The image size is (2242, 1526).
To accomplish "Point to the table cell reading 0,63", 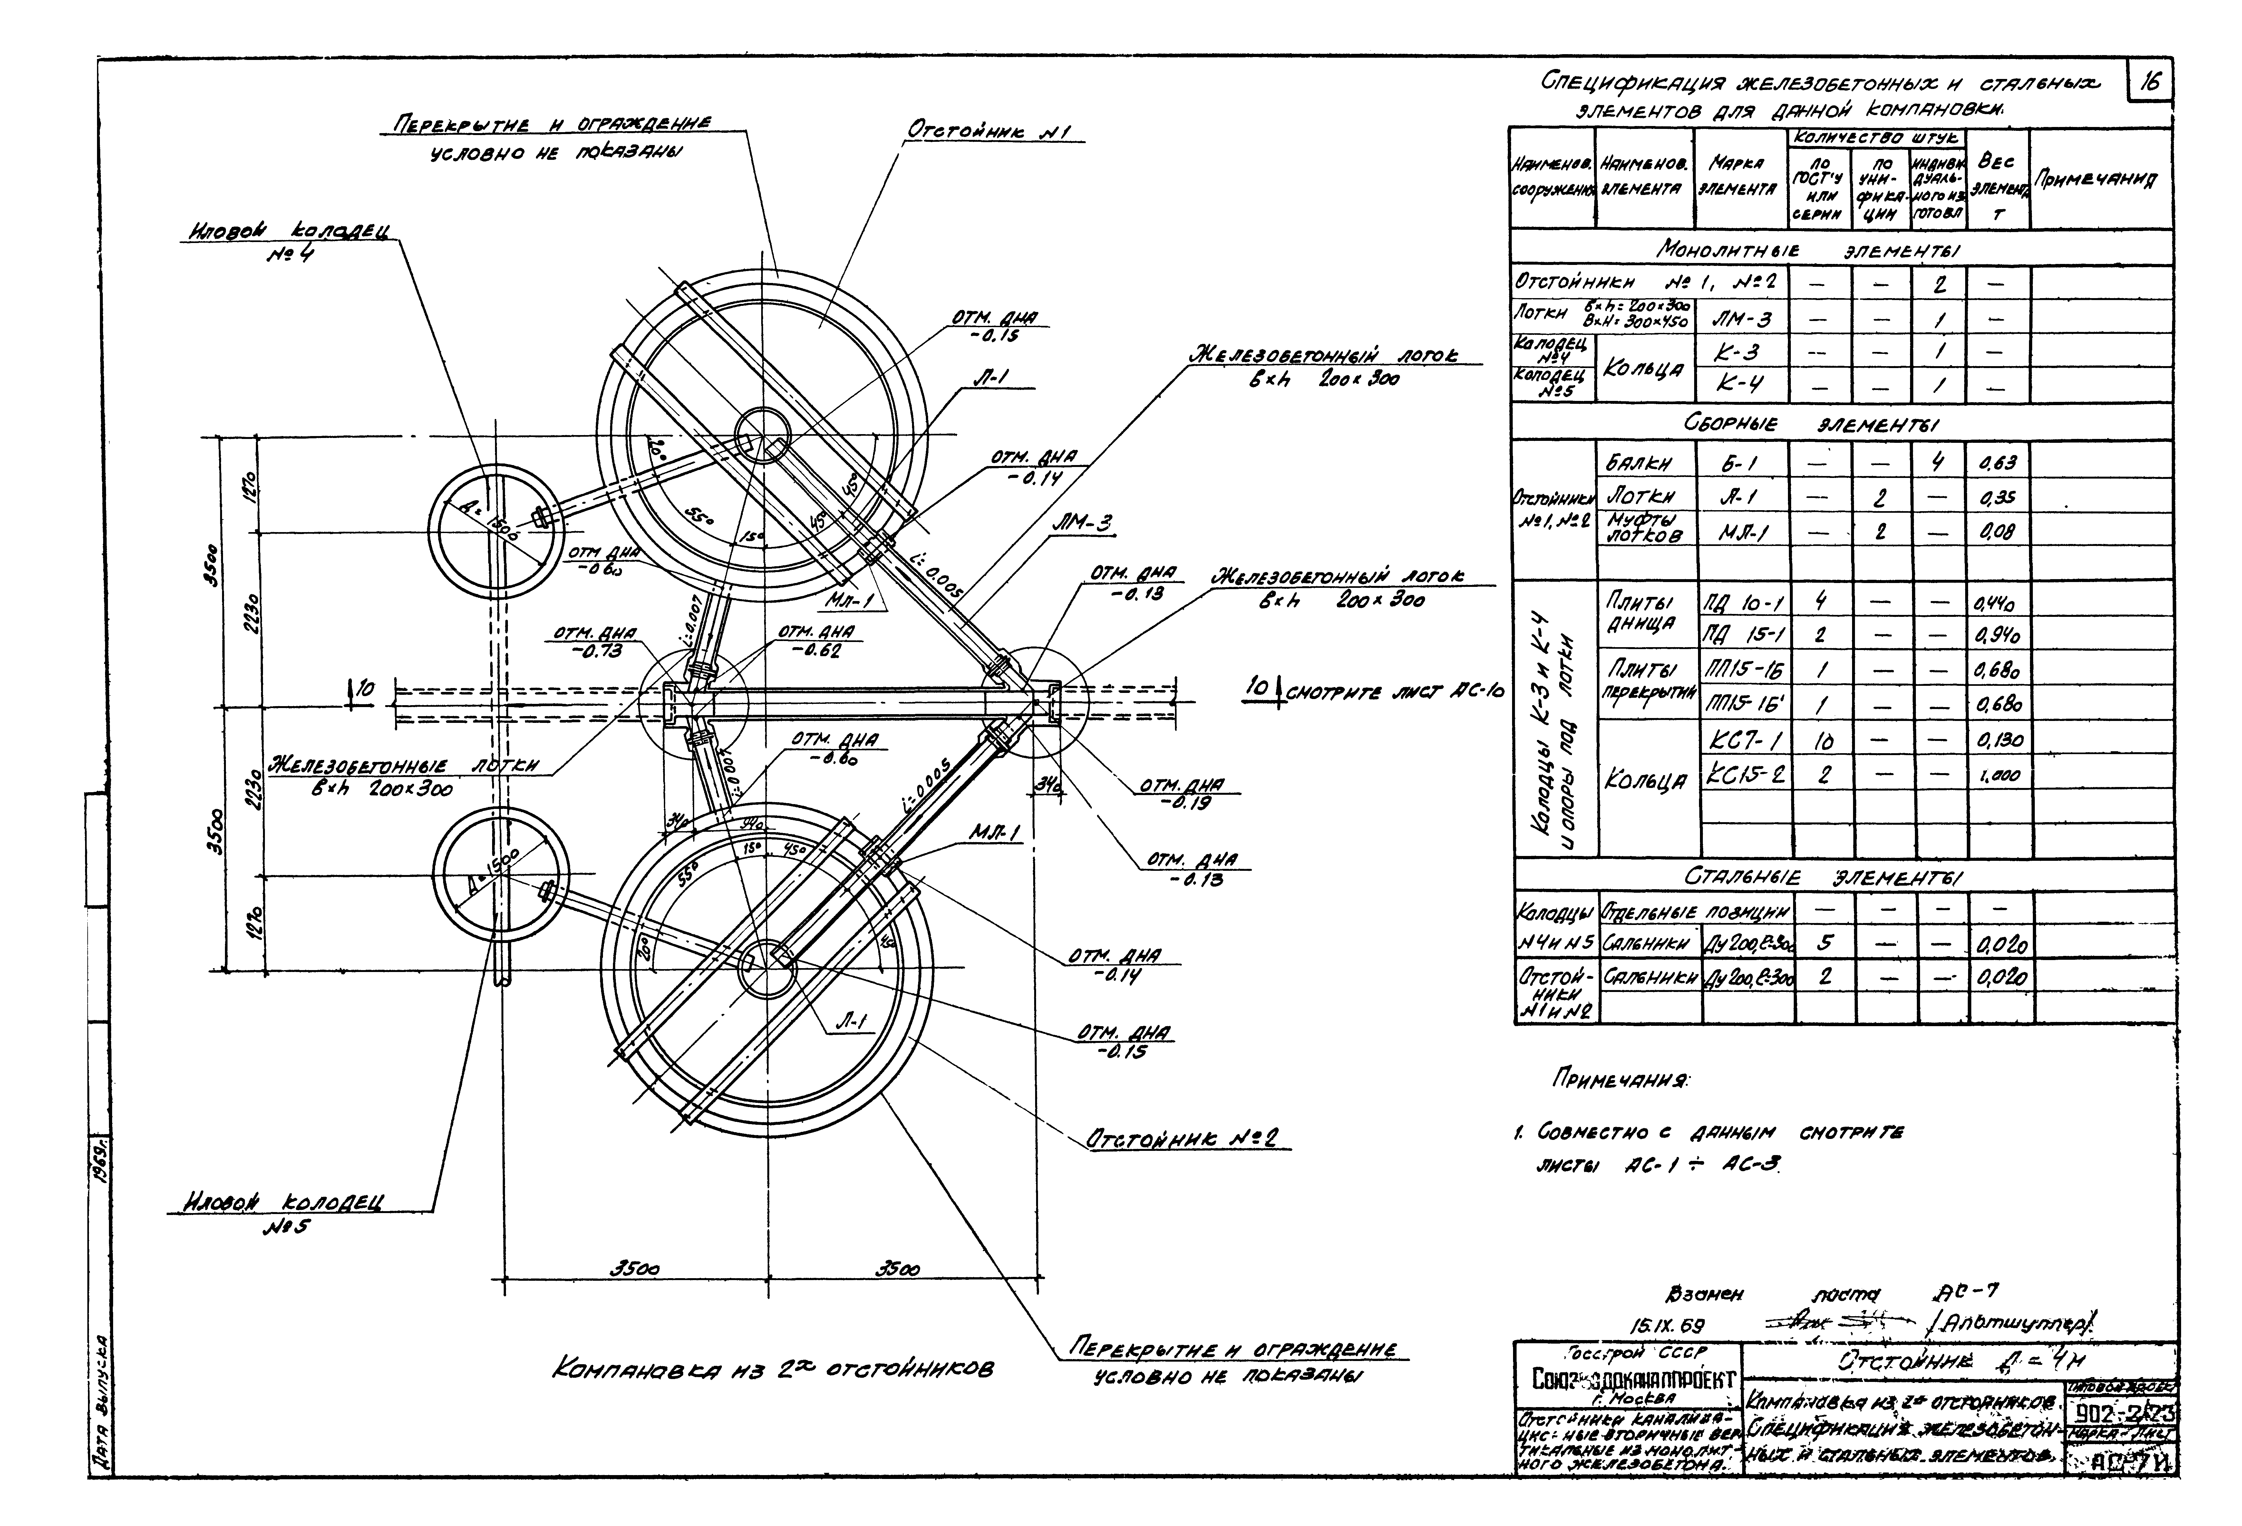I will (x=1997, y=463).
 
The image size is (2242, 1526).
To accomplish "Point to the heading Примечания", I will (x=1606, y=1078).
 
